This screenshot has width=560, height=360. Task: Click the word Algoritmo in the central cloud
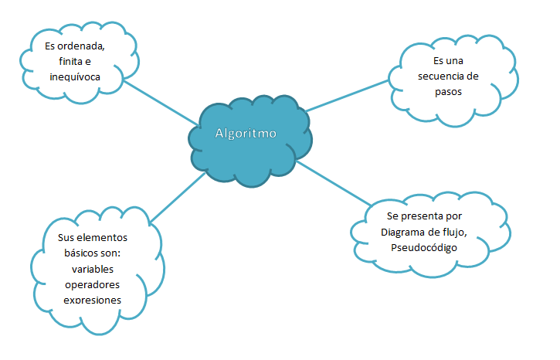245,132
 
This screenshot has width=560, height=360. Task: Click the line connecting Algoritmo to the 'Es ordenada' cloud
161,101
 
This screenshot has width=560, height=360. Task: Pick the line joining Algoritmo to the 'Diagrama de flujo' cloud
332,183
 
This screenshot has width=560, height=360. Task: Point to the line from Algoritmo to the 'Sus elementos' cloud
178,197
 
